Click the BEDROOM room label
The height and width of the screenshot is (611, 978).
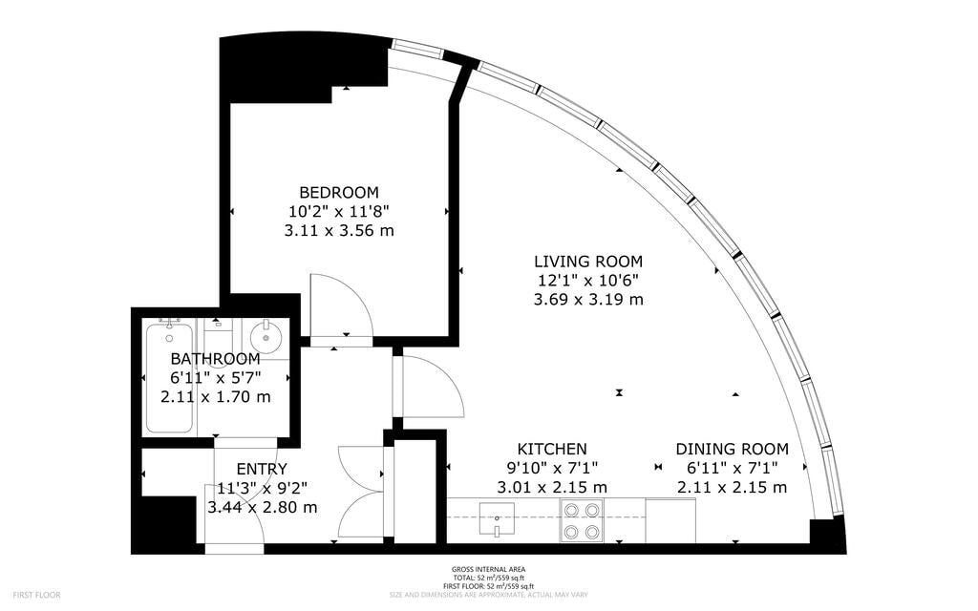point(339,192)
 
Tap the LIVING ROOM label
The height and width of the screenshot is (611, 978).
point(588,262)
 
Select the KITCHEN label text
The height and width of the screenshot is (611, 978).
point(552,449)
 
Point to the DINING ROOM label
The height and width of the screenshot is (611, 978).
point(733,449)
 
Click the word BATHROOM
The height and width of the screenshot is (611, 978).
point(215,359)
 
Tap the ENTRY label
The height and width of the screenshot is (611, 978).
point(262,469)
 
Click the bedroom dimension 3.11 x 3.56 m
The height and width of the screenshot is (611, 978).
point(339,231)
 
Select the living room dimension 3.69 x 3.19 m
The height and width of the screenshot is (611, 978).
point(588,299)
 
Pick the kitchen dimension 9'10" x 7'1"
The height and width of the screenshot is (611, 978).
point(552,468)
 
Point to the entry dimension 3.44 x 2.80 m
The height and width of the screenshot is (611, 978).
point(262,508)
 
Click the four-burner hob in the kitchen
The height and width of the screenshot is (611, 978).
point(582,521)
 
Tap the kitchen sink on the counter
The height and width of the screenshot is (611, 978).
point(497,519)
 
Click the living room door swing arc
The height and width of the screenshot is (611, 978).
point(445,374)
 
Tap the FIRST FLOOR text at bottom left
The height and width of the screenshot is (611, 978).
point(36,596)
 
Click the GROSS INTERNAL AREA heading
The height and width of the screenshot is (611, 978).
point(488,569)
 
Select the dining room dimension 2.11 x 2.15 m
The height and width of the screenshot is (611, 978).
point(733,488)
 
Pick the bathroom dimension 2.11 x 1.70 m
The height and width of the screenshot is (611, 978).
point(215,397)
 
